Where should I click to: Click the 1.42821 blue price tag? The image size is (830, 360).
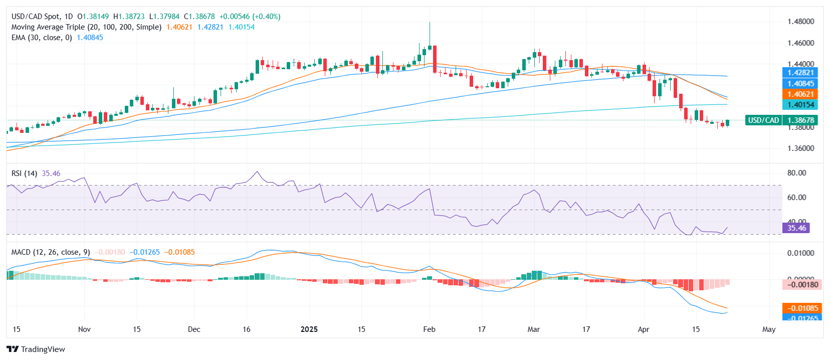click(x=800, y=73)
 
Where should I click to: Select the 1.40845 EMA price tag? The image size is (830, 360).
click(x=800, y=84)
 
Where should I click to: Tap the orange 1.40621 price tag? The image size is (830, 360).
click(x=800, y=94)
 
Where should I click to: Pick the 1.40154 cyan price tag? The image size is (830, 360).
click(x=800, y=105)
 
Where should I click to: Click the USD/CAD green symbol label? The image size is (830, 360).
click(x=763, y=120)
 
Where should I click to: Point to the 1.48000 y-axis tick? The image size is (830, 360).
click(x=800, y=22)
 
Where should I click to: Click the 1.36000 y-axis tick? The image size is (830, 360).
click(x=800, y=148)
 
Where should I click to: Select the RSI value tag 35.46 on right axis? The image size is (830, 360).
click(x=796, y=228)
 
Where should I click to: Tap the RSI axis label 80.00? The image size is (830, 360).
click(x=796, y=173)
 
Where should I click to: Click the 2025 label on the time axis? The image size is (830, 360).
click(x=309, y=329)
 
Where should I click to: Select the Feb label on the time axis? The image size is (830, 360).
click(x=429, y=329)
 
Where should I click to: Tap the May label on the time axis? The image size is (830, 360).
click(x=768, y=329)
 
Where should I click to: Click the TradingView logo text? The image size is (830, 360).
click(x=43, y=349)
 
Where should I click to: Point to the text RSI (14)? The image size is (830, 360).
click(x=24, y=173)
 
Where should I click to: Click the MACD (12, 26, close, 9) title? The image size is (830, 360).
click(x=51, y=252)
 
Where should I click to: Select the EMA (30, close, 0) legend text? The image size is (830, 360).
click(x=42, y=38)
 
